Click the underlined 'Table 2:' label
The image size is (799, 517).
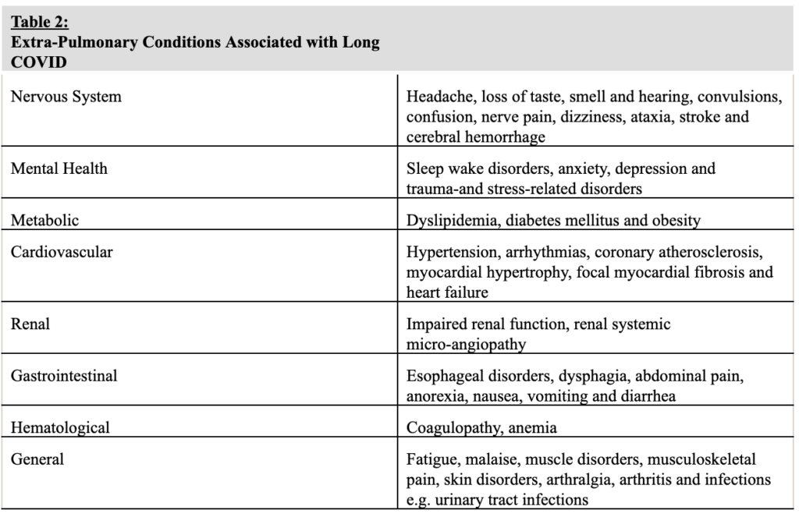point(40,23)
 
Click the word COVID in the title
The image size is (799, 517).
point(39,62)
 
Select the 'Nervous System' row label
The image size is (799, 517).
point(66,97)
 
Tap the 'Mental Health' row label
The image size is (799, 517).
point(59,168)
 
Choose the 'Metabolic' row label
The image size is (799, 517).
point(44,220)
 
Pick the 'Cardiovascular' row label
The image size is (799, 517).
point(62,252)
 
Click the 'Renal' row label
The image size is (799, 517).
point(30,323)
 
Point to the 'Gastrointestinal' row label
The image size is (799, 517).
point(64,376)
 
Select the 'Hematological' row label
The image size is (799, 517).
point(60,427)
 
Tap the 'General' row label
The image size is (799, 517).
point(37,459)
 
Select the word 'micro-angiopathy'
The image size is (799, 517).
point(467,343)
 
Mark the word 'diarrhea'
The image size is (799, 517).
point(647,396)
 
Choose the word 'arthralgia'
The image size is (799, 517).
point(592,479)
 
